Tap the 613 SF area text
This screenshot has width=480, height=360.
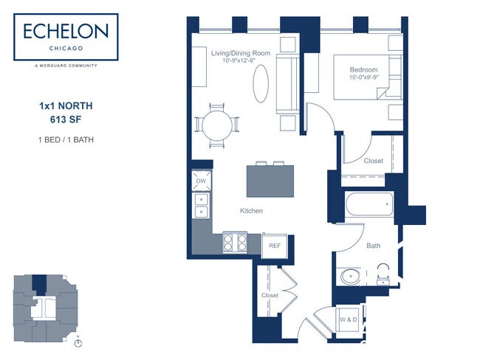(66, 120)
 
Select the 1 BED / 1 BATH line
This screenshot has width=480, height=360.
(66, 139)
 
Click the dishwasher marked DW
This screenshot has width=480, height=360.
(201, 181)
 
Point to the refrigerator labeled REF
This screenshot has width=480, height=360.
(275, 246)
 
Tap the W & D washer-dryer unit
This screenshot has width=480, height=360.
(349, 319)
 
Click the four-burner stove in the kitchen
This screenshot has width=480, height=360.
(235, 242)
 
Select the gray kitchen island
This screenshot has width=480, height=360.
(270, 181)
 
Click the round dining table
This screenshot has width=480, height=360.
(217, 125)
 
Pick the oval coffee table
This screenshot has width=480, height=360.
(261, 83)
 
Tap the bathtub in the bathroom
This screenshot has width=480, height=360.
(369, 204)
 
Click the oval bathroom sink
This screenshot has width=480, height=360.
(350, 277)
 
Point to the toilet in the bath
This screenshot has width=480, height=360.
(383, 274)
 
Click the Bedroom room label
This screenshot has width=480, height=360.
(363, 70)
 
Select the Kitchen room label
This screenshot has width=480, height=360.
(251, 211)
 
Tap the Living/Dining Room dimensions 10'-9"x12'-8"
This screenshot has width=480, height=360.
(239, 60)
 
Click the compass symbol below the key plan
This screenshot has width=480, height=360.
(78, 343)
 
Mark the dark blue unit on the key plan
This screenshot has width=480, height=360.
(39, 285)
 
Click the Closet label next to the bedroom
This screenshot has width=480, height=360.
(374, 161)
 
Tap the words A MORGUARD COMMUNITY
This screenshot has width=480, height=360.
(66, 66)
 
